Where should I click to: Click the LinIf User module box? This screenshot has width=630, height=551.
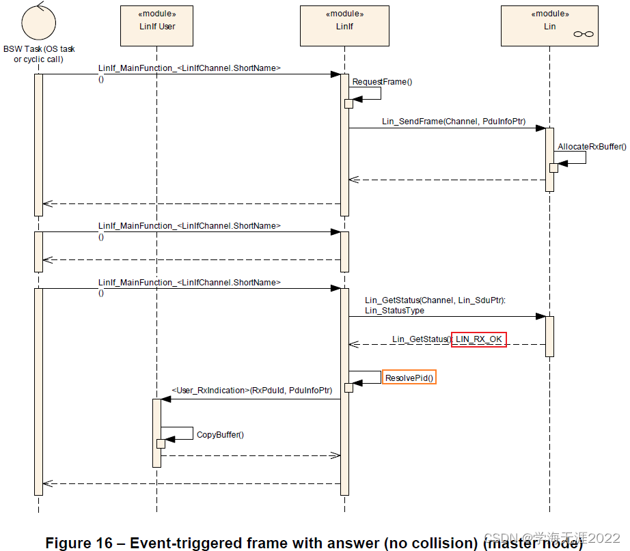tap(157, 25)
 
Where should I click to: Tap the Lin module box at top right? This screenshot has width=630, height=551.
tap(549, 25)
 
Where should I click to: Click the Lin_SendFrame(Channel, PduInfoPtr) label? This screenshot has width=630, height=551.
tap(454, 121)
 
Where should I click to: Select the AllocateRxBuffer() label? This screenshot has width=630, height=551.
tap(591, 147)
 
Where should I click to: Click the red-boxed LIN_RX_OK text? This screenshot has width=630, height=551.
tap(478, 339)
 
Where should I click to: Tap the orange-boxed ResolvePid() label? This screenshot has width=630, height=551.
tap(409, 378)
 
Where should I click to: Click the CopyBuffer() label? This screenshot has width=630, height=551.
tap(220, 434)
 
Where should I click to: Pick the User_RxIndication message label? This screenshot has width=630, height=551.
tap(251, 391)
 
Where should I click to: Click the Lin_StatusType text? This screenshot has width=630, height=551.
tap(394, 310)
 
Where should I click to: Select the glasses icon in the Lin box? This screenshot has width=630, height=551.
tap(584, 34)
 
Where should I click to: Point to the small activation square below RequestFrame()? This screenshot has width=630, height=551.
tap(348, 104)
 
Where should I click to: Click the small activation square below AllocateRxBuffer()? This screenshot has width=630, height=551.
tap(553, 168)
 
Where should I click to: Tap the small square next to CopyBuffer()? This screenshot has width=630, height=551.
tap(161, 444)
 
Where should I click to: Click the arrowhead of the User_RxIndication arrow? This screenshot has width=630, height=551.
tap(165, 399)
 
